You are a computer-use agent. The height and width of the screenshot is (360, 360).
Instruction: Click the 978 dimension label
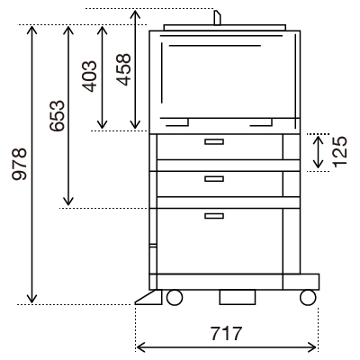pyautogui.click(x=20, y=164)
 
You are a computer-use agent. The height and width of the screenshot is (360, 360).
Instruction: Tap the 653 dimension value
pyautogui.click(x=57, y=115)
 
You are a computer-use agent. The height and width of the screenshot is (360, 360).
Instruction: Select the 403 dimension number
pyautogui.click(x=90, y=76)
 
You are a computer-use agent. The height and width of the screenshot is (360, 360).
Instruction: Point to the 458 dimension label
pyautogui.click(x=123, y=69)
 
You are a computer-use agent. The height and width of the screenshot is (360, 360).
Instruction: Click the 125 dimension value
pyautogui.click(x=340, y=152)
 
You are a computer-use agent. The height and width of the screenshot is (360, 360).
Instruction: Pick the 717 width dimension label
pyautogui.click(x=226, y=333)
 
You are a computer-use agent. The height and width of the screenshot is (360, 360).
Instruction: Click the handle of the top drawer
pyautogui.click(x=214, y=141)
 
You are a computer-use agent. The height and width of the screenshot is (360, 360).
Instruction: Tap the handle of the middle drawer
pyautogui.click(x=214, y=179)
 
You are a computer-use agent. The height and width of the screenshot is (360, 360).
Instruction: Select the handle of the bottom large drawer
pyautogui.click(x=214, y=216)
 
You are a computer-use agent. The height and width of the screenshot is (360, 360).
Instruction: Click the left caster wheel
pyautogui.click(x=175, y=298)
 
